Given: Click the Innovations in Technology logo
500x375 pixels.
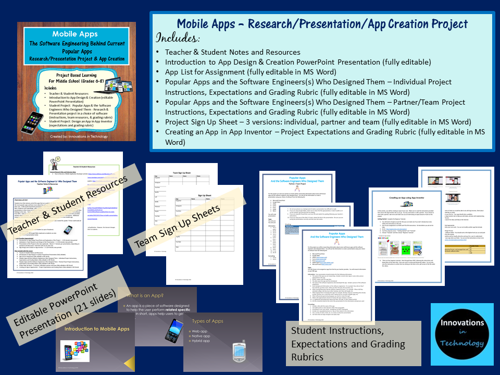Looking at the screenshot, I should click(x=459, y=334).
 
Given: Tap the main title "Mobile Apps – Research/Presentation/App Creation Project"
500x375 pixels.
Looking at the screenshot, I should click(x=322, y=23).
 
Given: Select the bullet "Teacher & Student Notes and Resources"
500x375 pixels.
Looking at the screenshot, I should click(x=232, y=52).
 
